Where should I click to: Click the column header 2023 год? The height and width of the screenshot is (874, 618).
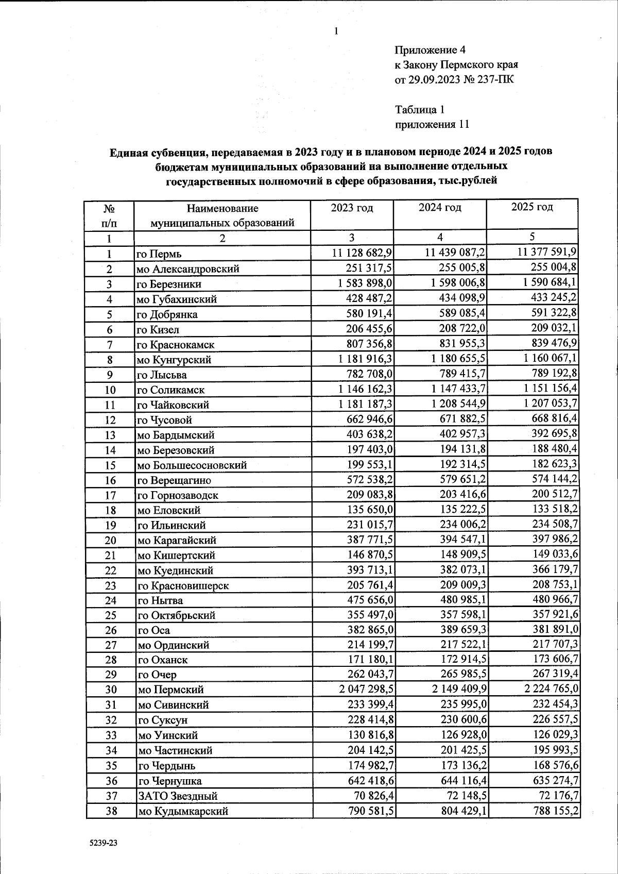352,208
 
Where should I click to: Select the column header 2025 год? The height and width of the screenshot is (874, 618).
532,207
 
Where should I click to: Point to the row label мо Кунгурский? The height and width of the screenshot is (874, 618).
174,360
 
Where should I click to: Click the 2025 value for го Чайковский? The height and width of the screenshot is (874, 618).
547,404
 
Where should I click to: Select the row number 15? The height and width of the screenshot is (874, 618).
110,465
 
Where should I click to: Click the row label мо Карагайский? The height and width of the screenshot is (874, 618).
177,540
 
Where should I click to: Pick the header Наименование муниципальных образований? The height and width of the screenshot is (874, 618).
222,216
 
